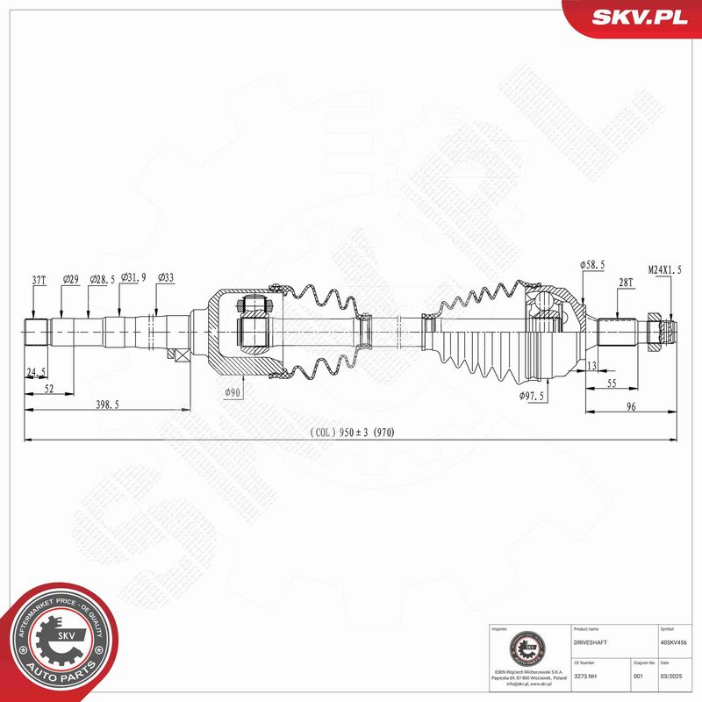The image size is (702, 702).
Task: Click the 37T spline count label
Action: (39, 280)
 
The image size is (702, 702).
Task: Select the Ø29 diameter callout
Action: (71, 280)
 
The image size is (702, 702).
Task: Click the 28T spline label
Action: (626, 283)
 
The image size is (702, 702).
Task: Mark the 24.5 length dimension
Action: (36, 372)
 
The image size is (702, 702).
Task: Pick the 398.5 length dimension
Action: (108, 404)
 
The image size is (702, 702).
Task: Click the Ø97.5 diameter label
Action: (532, 397)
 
